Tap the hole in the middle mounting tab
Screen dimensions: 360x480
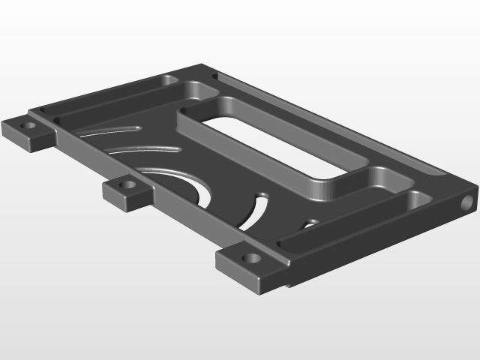click(128, 184)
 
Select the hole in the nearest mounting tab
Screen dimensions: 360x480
click(252, 258)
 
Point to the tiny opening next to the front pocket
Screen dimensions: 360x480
click(308, 223)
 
